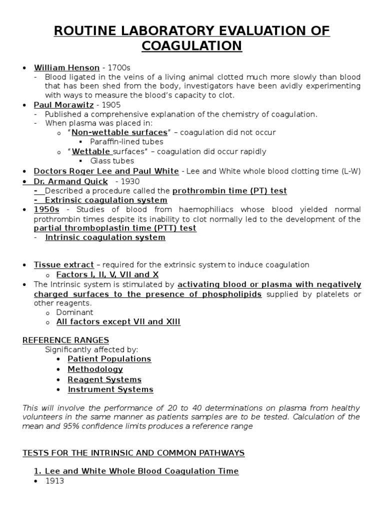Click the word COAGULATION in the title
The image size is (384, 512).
click(192, 45)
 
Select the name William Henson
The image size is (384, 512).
click(66, 68)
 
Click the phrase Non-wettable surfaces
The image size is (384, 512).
click(119, 132)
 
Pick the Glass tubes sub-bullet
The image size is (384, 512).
click(112, 160)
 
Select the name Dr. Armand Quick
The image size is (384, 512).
click(70, 181)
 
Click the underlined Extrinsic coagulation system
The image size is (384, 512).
click(102, 200)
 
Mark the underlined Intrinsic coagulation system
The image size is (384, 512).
click(105, 237)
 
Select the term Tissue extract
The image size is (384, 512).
click(63, 264)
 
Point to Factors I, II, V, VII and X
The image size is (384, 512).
click(107, 274)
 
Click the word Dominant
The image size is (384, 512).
click(74, 312)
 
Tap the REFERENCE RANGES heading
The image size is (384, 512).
click(65, 340)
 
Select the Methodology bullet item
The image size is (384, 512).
click(95, 369)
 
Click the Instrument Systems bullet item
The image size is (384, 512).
click(110, 389)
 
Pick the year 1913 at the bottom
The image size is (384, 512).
click(55, 480)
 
